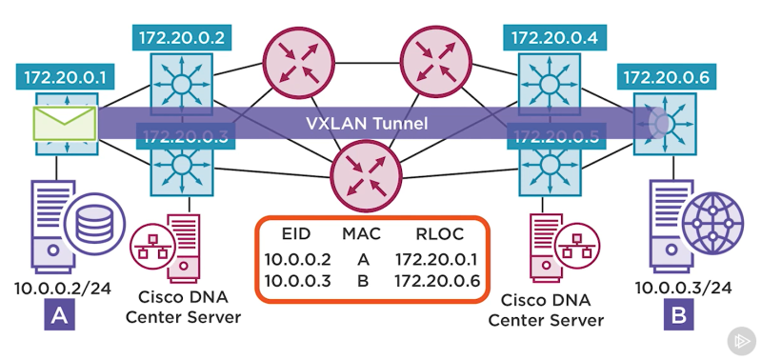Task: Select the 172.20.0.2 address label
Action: tap(180, 38)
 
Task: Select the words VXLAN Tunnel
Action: tap(367, 124)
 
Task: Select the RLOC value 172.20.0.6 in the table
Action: tap(434, 281)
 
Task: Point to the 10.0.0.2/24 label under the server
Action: tap(60, 286)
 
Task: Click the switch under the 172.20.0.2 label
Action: tap(180, 83)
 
